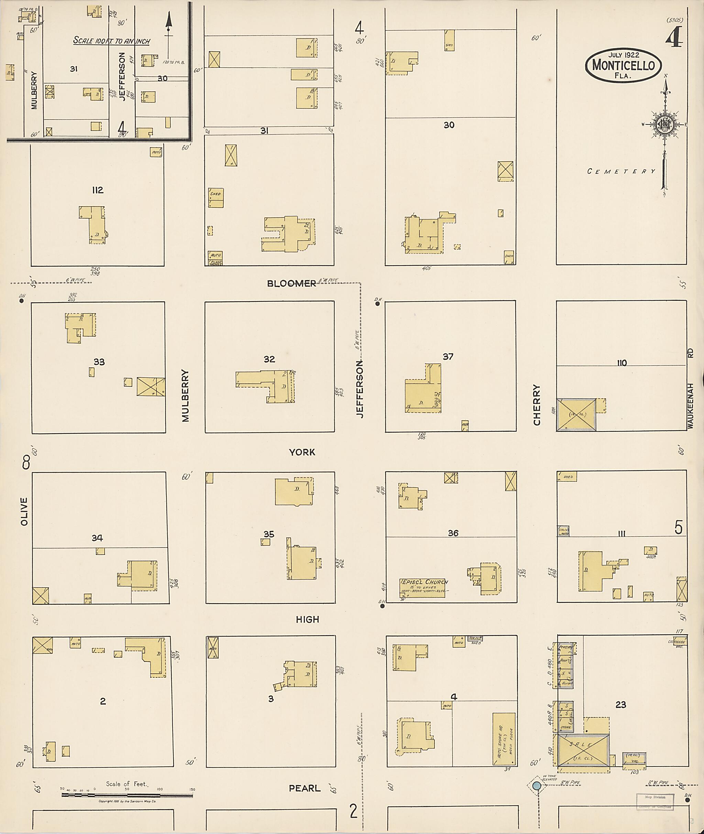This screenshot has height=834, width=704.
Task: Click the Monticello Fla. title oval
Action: [x=623, y=65]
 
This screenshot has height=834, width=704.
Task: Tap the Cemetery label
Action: [x=621, y=171]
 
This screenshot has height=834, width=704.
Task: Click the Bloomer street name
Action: [x=291, y=284]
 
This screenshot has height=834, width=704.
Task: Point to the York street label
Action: [x=302, y=452]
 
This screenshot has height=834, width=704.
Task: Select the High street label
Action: [x=307, y=619]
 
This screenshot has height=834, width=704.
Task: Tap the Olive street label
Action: [x=24, y=512]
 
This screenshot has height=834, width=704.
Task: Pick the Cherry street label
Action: [x=537, y=405]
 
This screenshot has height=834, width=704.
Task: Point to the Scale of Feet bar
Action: [x=127, y=795]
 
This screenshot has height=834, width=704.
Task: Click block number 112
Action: [x=98, y=190]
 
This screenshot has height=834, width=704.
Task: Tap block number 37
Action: [x=448, y=356]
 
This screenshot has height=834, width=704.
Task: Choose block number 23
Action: [x=620, y=705]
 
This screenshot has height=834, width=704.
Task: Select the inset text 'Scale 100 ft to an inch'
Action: [x=112, y=40]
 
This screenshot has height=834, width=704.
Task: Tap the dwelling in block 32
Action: [x=275, y=386]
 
